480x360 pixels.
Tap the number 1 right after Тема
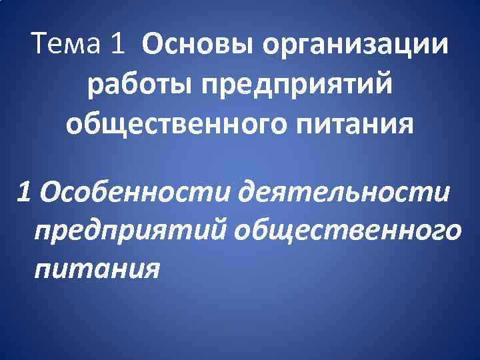pyautogui.click(x=117, y=45)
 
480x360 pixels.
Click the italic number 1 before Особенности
pyautogui.click(x=25, y=193)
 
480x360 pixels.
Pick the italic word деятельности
pyautogui.click(x=346, y=193)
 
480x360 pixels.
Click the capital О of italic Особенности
pyautogui.click(x=49, y=193)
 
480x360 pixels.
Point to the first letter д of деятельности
pyautogui.click(x=250, y=193)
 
